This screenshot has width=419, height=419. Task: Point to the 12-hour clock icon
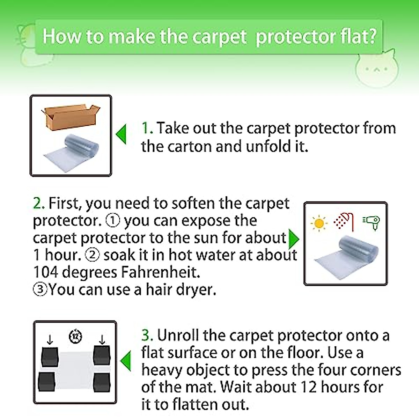[x=75, y=337]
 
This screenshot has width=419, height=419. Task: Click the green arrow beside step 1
[x=122, y=134]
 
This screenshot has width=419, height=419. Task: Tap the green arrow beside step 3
[x=126, y=361]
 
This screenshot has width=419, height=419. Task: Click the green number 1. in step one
[x=147, y=128]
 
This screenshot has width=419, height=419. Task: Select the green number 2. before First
[x=39, y=203]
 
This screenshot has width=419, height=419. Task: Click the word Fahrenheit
[x=160, y=272]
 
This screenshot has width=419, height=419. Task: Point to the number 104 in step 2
[x=45, y=272]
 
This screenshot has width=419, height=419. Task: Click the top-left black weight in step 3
[x=50, y=356]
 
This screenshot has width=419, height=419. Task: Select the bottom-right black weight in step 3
[x=102, y=382]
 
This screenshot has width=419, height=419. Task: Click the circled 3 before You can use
[x=40, y=289]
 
